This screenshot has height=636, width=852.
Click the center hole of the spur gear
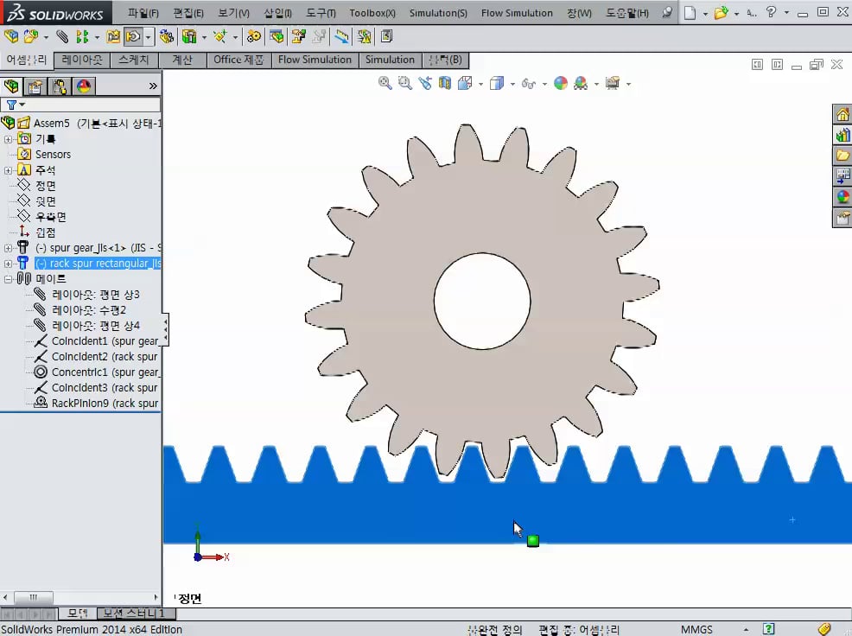tap(481, 301)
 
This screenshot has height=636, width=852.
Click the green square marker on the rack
tap(533, 541)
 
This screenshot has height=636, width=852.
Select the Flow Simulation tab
tap(315, 60)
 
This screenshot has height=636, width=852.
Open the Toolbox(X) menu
tap(372, 13)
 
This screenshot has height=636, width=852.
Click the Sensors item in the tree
tap(53, 154)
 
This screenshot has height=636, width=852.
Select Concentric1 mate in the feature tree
tap(104, 372)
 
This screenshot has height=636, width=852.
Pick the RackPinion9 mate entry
tap(104, 403)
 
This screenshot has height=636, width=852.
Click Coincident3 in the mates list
tap(104, 387)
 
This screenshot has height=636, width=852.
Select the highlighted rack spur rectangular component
tap(98, 263)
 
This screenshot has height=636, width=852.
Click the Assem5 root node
tap(86, 123)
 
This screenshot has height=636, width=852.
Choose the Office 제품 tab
tap(238, 60)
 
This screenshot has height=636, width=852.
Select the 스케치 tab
tap(133, 60)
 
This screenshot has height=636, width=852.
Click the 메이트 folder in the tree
tap(50, 278)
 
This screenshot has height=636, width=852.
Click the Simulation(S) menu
tap(438, 13)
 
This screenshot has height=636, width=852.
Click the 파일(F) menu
tap(143, 13)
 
